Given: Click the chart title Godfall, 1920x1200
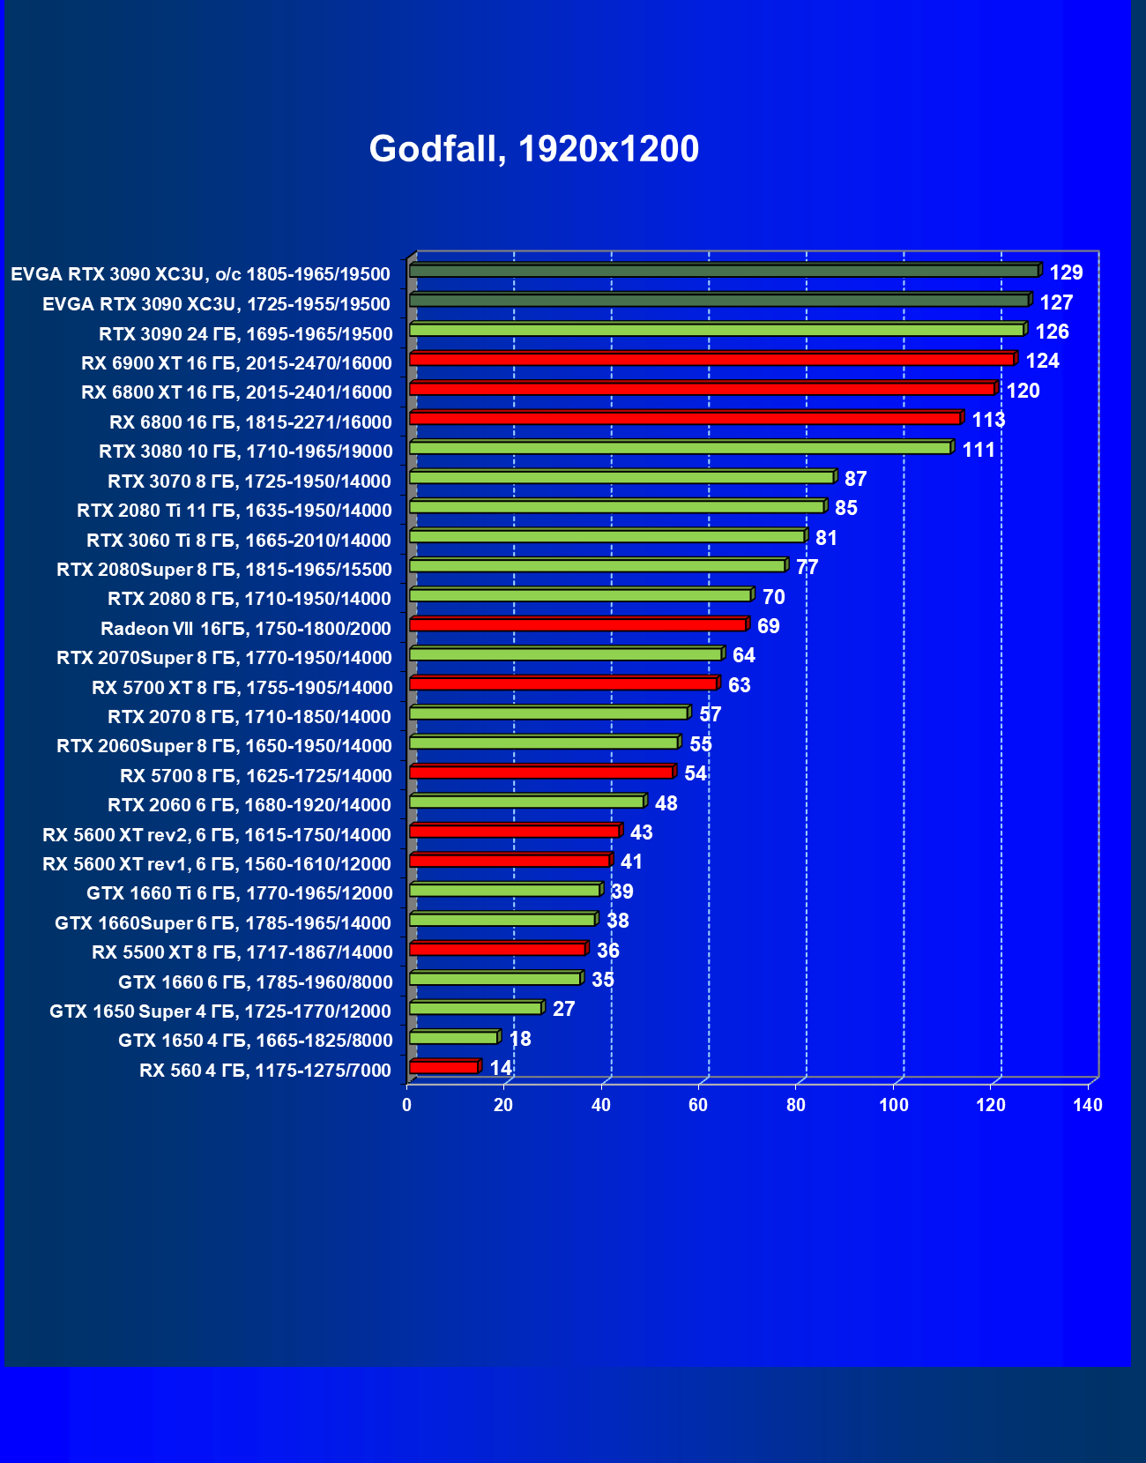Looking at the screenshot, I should tap(533, 149).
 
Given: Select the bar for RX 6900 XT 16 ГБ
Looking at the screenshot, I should tap(712, 360).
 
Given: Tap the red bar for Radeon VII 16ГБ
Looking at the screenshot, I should tap(578, 625).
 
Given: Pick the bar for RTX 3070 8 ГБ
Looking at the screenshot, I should tap(621, 478).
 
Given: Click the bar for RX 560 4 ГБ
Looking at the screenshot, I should tap(444, 1068).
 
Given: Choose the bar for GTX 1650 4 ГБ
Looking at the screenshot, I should tap(454, 1038).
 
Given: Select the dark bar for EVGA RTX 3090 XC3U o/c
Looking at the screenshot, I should tap(724, 271).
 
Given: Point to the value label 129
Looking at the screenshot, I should tap(1066, 272).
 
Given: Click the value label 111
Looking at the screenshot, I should tap(979, 450).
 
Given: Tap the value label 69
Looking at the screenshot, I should tap(768, 626).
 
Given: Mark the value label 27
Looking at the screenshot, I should tap(563, 1009).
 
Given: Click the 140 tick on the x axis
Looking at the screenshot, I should tap(1088, 1105).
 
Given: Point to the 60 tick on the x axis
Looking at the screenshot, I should tap(698, 1105).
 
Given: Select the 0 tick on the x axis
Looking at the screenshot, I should tap(406, 1105).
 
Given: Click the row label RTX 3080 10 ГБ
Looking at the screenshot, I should tap(245, 452).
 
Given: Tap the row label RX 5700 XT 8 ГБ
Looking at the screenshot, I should tap(242, 688).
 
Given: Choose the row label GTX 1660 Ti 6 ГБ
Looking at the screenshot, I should tap(239, 893).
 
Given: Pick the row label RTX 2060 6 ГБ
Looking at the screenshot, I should tap(249, 805).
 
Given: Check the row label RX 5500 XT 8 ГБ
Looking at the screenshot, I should tap(242, 952).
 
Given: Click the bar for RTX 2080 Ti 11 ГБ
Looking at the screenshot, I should tap(617, 507).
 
